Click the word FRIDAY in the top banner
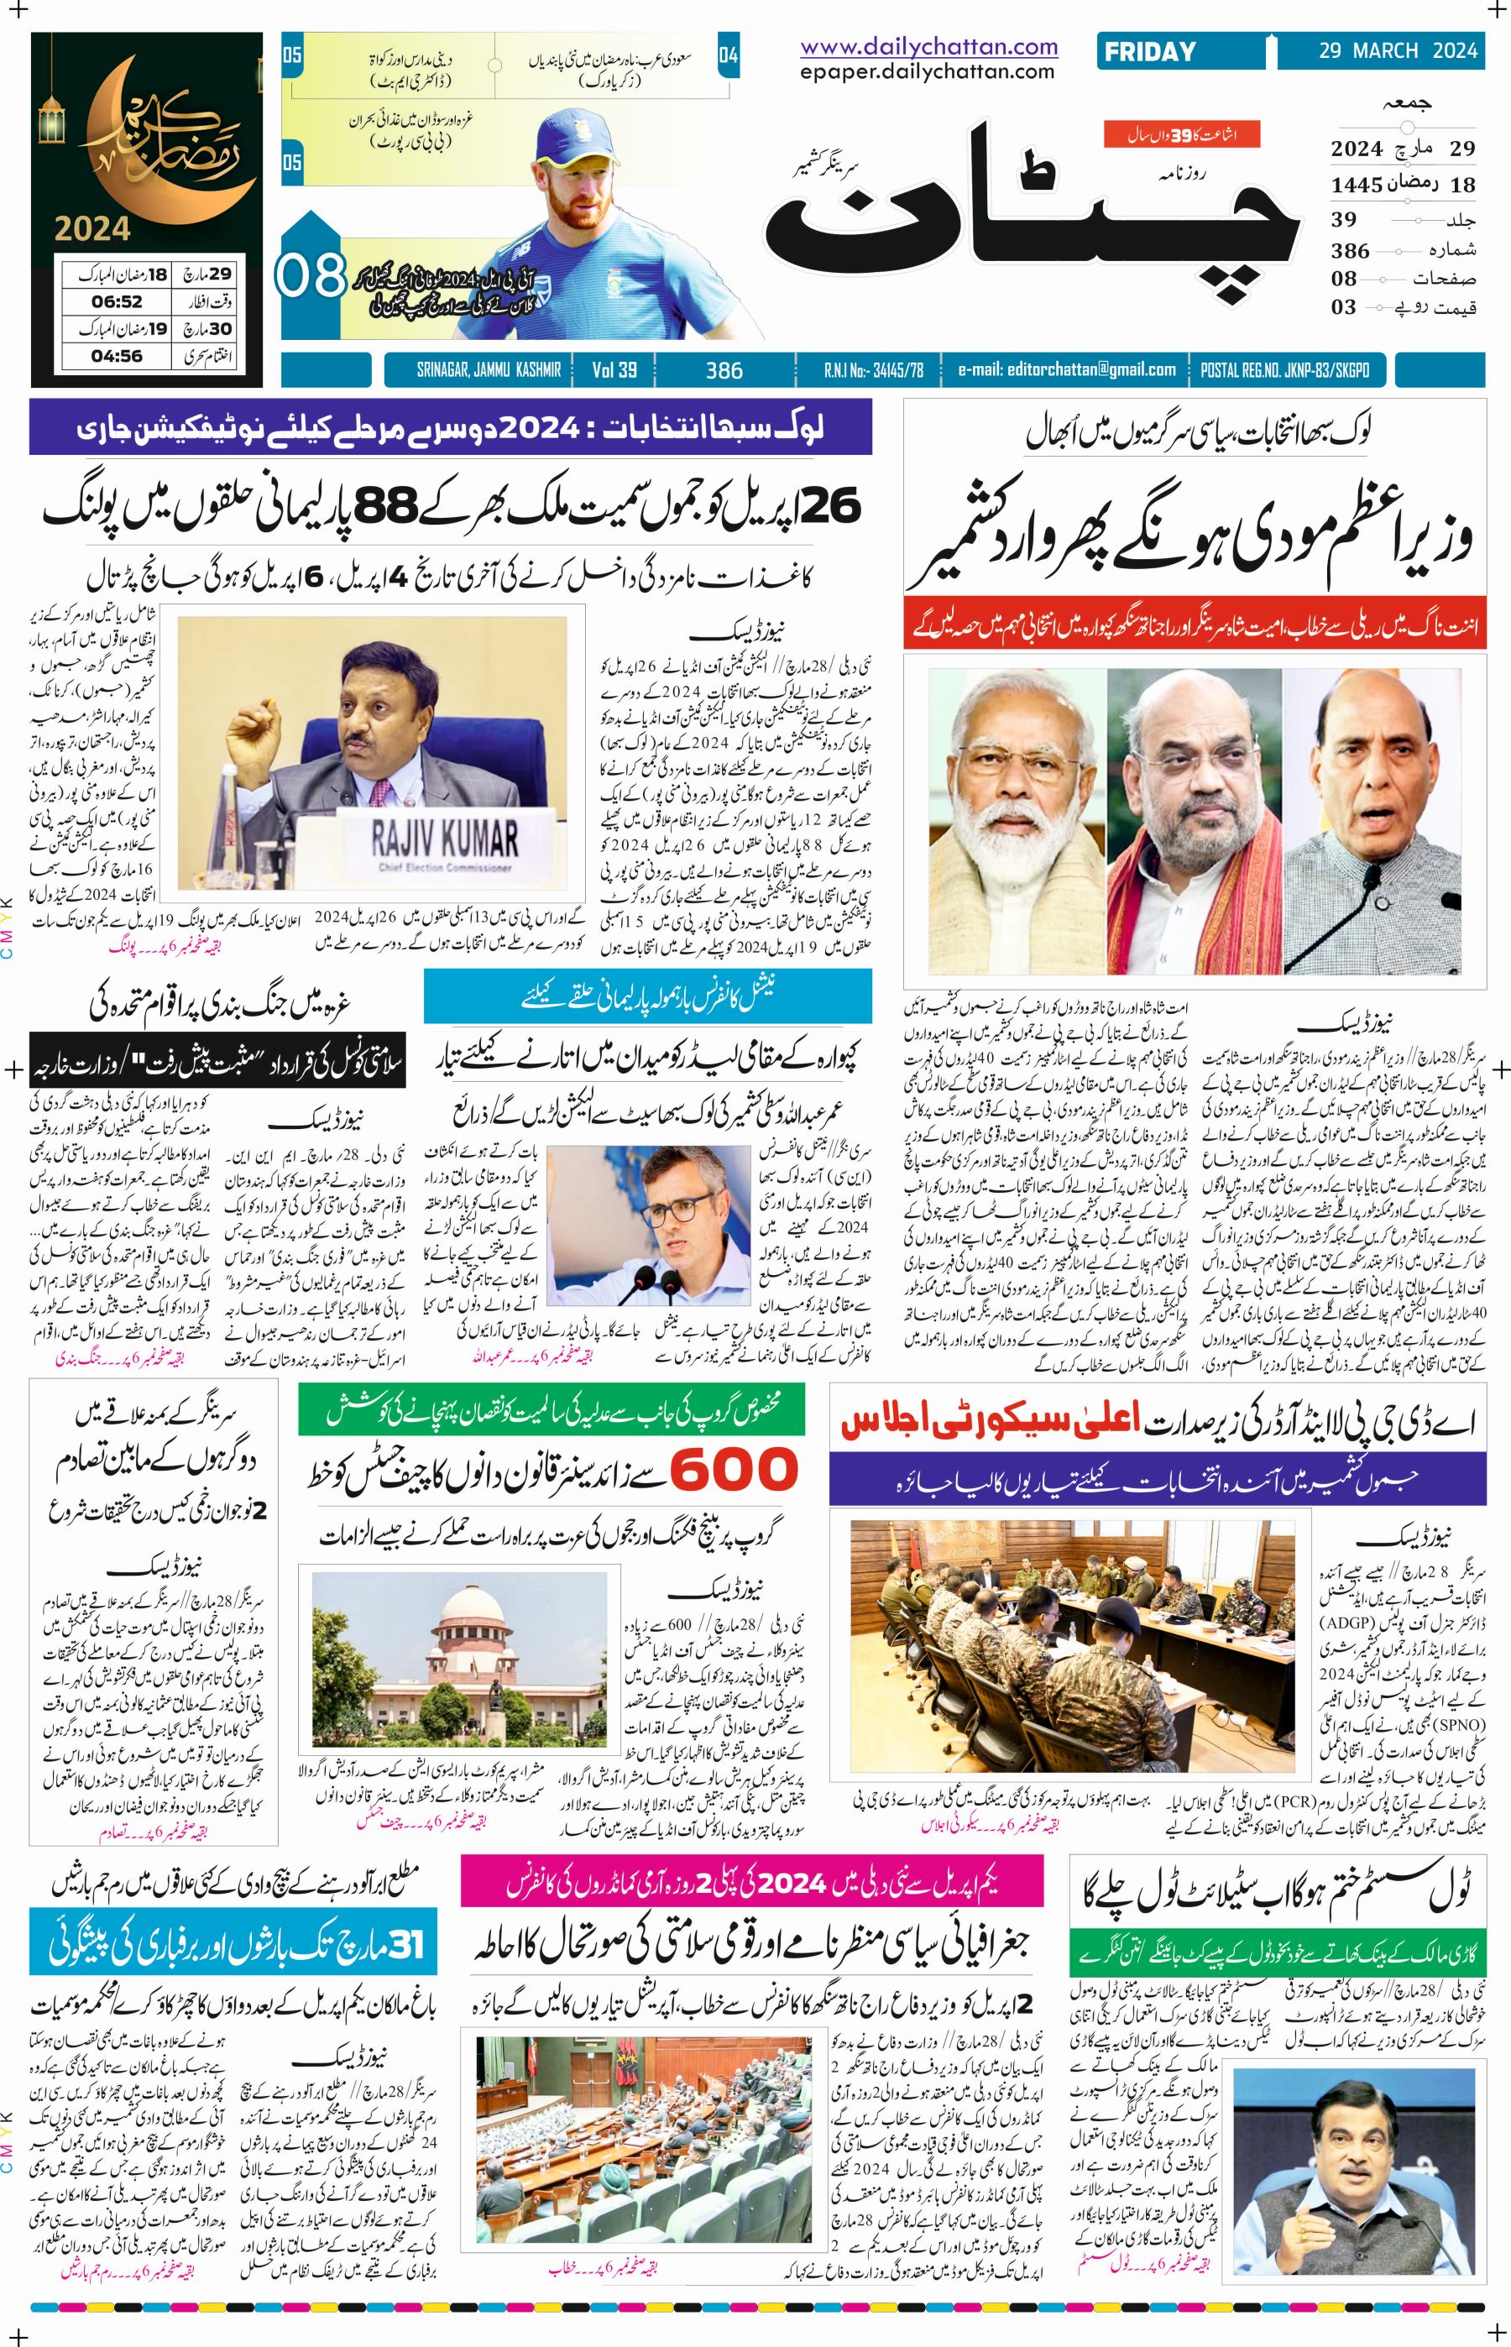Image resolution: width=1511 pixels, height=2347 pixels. coord(1149,52)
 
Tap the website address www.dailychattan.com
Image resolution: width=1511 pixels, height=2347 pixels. coord(928,46)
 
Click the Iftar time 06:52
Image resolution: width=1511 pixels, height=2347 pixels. coord(117,302)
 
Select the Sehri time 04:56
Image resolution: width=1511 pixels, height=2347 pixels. coord(117,356)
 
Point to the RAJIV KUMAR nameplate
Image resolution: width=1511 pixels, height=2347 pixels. coord(444,843)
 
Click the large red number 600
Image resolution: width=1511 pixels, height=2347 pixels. coord(735,1470)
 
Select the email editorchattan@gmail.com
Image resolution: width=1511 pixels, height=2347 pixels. coord(1067,370)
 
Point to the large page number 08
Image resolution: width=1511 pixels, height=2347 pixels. coord(310,277)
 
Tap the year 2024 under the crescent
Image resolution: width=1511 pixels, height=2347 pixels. coord(92,228)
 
